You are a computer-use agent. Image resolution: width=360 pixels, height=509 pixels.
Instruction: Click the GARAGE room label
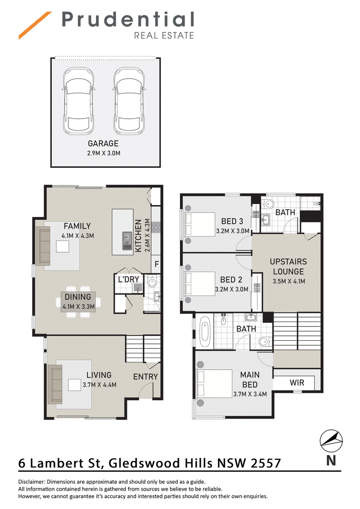point(103,143)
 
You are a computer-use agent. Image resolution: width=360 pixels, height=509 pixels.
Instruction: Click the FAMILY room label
point(77,226)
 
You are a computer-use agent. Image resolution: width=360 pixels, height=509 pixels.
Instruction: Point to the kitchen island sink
point(127,241)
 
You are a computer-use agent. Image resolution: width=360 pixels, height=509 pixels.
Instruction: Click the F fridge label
point(157,264)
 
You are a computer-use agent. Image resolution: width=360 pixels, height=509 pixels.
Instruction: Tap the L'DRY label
point(129,280)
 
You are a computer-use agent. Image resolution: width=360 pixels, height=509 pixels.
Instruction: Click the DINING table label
point(78,297)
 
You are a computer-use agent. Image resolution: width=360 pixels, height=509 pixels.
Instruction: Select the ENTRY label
point(145,376)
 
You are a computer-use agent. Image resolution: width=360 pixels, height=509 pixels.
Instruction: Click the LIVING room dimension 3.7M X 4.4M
point(99,385)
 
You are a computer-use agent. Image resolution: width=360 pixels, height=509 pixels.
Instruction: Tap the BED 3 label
point(232,221)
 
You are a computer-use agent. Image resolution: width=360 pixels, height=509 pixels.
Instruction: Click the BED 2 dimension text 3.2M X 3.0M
point(232,289)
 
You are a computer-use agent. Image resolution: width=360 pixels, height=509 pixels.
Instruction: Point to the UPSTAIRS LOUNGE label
point(288,267)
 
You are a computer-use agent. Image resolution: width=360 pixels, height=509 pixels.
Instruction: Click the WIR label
point(297,383)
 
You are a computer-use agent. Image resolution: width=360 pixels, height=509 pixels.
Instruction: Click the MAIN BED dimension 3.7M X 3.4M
point(250,394)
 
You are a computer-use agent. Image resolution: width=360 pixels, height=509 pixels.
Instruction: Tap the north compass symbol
point(331,441)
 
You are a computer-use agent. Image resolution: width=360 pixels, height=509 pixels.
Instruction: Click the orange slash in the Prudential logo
point(35,26)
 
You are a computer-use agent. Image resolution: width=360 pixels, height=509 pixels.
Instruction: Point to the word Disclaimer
point(31,482)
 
